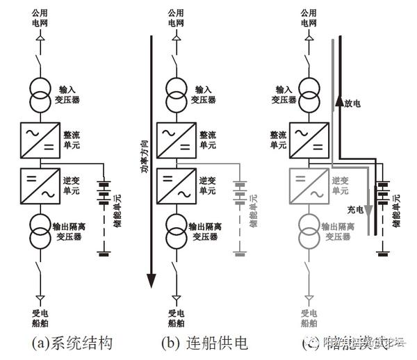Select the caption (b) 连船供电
click(204, 343)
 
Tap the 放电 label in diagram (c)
click(354, 103)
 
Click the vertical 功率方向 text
click(145, 156)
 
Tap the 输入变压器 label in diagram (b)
click(205, 95)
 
